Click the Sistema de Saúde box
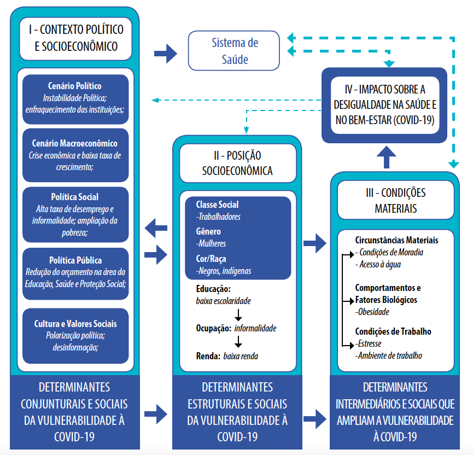pyautogui.click(x=234, y=51)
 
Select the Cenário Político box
pyautogui.click(x=75, y=100)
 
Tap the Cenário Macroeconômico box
pyautogui.click(x=75, y=155)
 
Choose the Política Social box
pyautogui.click(x=75, y=214)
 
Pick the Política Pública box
pyautogui.click(x=75, y=273)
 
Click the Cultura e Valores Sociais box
pyautogui.click(x=75, y=336)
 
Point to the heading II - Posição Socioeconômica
pyautogui.click(x=238, y=163)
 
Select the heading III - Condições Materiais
pyautogui.click(x=396, y=200)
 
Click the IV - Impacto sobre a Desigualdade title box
pyautogui.click(x=385, y=105)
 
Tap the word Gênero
pyautogui.click(x=208, y=231)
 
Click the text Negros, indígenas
pyautogui.click(x=224, y=271)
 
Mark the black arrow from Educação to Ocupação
pyautogui.click(x=238, y=315)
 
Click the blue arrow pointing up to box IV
pyautogui.click(x=387, y=157)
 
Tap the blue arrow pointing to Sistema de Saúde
pyautogui.click(x=166, y=54)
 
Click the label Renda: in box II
pyautogui.click(x=208, y=356)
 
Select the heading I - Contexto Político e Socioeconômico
pyautogui.click(x=75, y=38)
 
